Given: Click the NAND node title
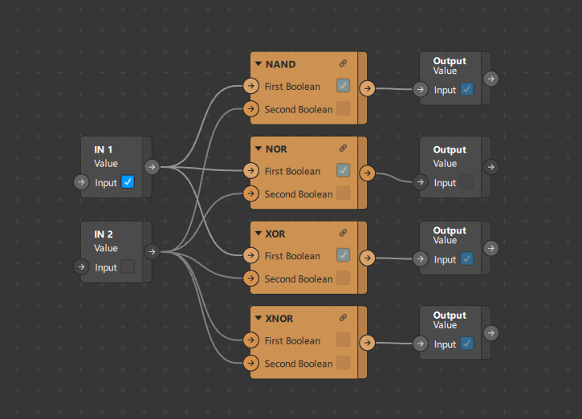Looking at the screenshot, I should (280, 64).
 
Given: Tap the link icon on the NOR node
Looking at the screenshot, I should (343, 148).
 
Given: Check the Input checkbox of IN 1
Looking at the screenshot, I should (128, 182).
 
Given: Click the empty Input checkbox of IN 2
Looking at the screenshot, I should (128, 267).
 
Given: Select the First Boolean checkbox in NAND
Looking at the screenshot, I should (343, 86).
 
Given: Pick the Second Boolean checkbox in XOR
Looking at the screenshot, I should (343, 279).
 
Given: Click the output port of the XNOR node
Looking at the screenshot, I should (367, 343).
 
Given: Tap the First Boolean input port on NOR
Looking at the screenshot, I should (250, 171).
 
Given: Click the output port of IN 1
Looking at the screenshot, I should (152, 167).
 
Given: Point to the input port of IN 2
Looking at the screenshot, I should (81, 267).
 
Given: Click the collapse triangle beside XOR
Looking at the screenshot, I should (258, 234).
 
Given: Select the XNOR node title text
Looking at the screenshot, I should (279, 319).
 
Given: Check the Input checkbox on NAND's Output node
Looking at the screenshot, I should (466, 90).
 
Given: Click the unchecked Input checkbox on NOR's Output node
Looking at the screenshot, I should (466, 182).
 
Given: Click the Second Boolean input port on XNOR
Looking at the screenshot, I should (250, 363).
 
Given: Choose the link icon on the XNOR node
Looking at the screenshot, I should (343, 319).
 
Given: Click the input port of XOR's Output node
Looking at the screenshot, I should (421, 259).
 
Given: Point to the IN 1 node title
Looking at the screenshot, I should (104, 149).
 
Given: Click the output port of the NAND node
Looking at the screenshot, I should (367, 88).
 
